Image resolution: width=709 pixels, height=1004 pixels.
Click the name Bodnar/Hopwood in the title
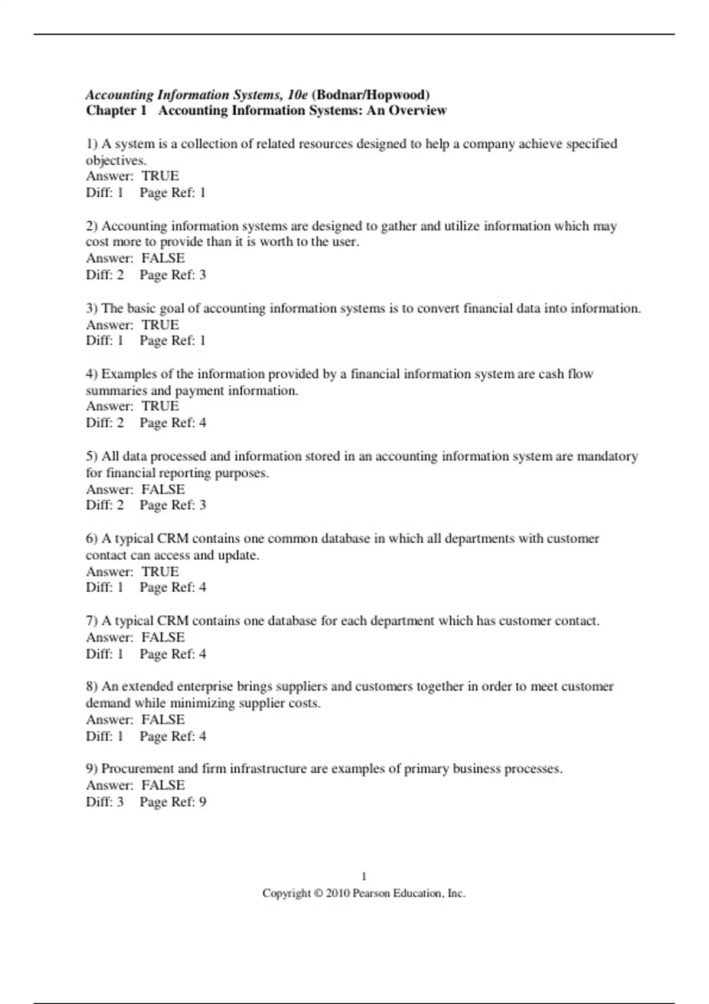[x=370, y=94]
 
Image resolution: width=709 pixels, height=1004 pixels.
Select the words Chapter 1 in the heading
[x=116, y=110]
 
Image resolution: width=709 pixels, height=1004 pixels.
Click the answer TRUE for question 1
[x=160, y=176]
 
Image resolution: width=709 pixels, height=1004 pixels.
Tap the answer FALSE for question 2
[x=163, y=258]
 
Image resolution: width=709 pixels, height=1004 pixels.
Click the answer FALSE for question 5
[x=163, y=489]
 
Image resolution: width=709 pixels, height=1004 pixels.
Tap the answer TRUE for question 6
[x=160, y=571]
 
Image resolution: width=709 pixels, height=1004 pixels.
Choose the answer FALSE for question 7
[x=163, y=637]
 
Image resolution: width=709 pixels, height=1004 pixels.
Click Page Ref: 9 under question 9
[x=173, y=801]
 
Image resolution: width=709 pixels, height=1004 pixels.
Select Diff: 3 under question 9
[x=105, y=801]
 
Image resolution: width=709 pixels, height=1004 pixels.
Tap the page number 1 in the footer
[x=364, y=876]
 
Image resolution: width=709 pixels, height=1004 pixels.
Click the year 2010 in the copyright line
[x=337, y=894]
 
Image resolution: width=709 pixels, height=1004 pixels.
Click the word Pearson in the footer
[x=371, y=894]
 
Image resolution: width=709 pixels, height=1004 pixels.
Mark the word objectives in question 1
[x=116, y=160]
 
